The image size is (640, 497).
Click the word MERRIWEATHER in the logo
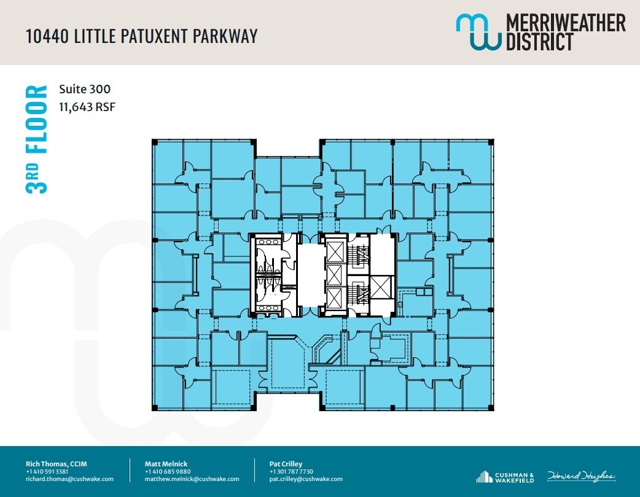(565, 23)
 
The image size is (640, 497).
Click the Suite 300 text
(84, 90)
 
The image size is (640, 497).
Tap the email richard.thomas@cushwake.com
(69, 479)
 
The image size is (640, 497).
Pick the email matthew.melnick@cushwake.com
(192, 479)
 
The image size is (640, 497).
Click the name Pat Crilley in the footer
(286, 463)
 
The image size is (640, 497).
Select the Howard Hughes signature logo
(580, 476)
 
